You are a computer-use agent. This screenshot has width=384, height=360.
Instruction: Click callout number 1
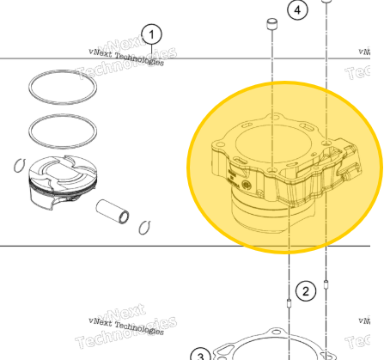[x=151, y=34]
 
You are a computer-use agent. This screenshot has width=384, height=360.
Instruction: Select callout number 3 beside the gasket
[x=198, y=354]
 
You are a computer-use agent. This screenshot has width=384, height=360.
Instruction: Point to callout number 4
[x=297, y=10]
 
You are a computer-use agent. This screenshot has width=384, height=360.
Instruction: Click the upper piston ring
[x=63, y=85]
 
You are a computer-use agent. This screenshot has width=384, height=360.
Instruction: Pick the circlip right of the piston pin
[x=145, y=226]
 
